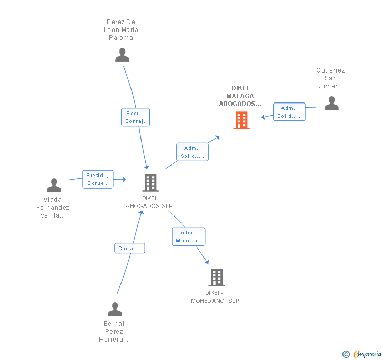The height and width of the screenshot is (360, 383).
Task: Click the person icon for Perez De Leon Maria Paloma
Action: (x=122, y=55)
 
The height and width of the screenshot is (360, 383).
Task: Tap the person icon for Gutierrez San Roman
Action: (x=331, y=103)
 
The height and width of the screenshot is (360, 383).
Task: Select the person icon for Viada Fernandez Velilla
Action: (x=54, y=185)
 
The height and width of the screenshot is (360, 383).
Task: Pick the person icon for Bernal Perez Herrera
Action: (x=115, y=309)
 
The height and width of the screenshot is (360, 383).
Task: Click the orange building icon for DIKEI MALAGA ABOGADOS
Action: (x=241, y=120)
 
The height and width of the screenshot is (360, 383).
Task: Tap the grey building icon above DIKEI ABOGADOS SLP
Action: (x=150, y=183)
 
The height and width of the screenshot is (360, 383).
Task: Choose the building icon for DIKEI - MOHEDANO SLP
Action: (x=216, y=277)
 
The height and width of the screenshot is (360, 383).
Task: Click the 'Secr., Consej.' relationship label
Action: (x=135, y=117)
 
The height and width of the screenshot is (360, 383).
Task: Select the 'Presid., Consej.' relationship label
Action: (x=97, y=179)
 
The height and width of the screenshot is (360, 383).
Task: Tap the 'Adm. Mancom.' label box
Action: (x=188, y=236)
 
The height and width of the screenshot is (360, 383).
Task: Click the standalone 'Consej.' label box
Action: (x=129, y=248)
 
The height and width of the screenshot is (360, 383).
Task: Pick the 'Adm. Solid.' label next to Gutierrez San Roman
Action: (x=289, y=112)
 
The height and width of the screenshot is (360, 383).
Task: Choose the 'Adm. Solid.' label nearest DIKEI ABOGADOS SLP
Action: (x=192, y=152)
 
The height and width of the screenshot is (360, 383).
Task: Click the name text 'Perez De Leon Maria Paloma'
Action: (x=121, y=30)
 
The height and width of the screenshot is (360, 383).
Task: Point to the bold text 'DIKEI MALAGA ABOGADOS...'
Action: (x=240, y=96)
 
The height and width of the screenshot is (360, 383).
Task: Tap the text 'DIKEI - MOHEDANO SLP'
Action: (x=215, y=296)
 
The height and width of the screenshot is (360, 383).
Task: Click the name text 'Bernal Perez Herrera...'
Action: (x=114, y=331)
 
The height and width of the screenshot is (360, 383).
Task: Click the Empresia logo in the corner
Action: (x=367, y=354)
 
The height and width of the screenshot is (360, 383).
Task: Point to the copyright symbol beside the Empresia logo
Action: (x=346, y=354)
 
